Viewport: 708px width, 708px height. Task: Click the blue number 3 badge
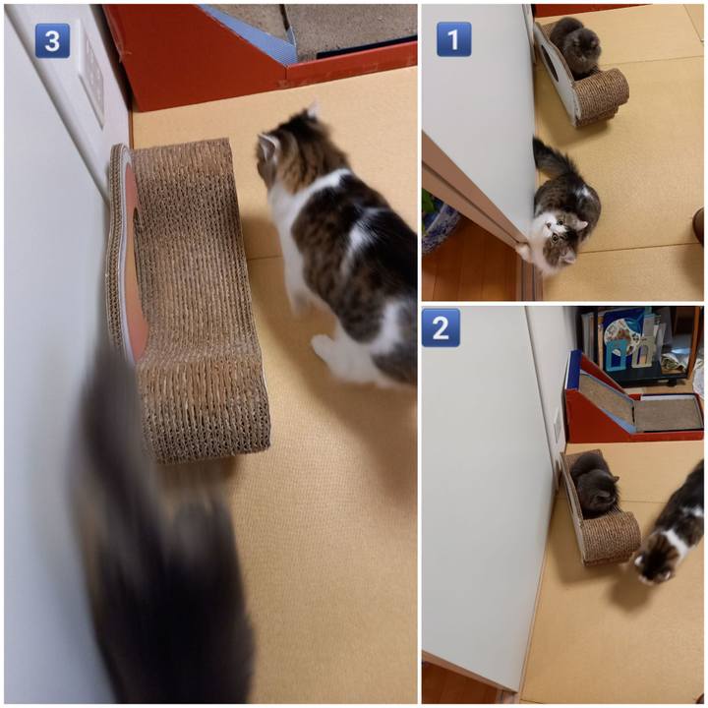(x=52, y=40)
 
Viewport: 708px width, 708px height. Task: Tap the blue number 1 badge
(x=453, y=38)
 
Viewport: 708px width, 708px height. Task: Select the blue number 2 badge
(x=441, y=327)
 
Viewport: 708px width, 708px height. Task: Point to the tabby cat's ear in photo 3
(x=267, y=144)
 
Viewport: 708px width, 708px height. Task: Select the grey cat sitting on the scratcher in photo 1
(x=575, y=46)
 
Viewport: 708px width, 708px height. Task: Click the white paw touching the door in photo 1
(x=524, y=250)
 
